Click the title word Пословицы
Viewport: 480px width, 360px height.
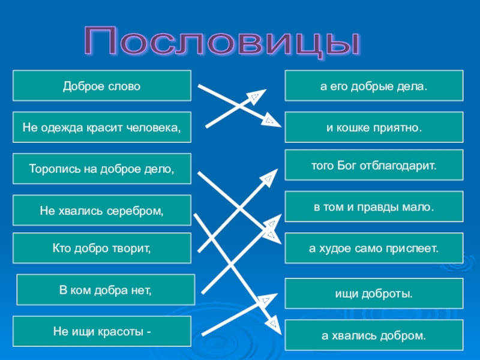click(223, 43)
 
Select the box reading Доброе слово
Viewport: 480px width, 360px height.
click(102, 86)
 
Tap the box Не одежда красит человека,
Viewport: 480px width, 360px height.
click(102, 127)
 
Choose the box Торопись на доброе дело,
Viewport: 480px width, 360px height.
click(102, 169)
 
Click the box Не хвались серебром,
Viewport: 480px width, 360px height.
click(102, 210)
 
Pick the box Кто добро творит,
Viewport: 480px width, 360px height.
click(102, 248)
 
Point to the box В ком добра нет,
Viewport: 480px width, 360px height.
click(106, 290)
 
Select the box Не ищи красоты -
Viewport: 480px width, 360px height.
click(102, 331)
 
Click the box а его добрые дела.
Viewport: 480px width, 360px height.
click(374, 86)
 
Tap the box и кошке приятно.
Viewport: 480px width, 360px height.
click(374, 127)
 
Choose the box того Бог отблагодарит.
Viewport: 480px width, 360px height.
click(374, 165)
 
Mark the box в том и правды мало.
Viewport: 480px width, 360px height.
click(374, 207)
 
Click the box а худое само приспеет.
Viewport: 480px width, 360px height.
click(374, 248)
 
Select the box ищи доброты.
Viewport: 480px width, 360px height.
click(374, 294)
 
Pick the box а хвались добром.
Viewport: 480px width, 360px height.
click(374, 335)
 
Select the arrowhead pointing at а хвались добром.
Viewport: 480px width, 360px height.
click(274, 326)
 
